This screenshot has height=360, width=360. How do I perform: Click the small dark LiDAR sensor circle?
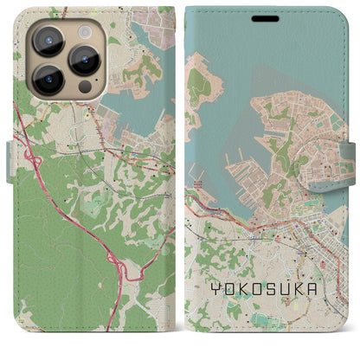[x=85, y=87]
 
